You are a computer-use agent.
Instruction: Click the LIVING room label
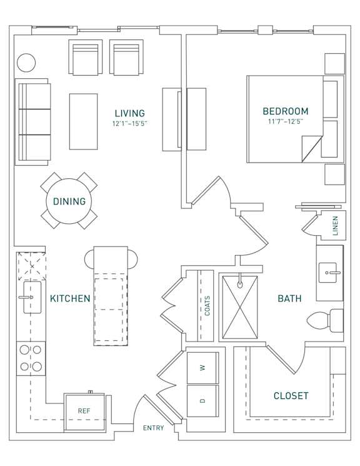[129, 113]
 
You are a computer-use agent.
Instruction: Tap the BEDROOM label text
[285, 111]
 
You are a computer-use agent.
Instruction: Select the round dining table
[69, 201]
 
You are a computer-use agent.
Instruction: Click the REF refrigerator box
[84, 411]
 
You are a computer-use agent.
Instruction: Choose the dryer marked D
[202, 400]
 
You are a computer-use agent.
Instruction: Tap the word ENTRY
[154, 428]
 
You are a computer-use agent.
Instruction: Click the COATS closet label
[207, 306]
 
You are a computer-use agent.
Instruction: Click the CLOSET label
[291, 395]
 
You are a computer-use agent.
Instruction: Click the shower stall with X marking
[239, 306]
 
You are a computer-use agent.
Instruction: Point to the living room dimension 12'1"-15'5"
[129, 124]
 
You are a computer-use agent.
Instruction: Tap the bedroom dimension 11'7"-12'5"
[285, 121]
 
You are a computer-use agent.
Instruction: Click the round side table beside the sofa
[26, 63]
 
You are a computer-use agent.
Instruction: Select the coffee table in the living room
[83, 121]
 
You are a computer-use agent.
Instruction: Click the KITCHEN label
[70, 298]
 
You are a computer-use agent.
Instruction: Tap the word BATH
[289, 298]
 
